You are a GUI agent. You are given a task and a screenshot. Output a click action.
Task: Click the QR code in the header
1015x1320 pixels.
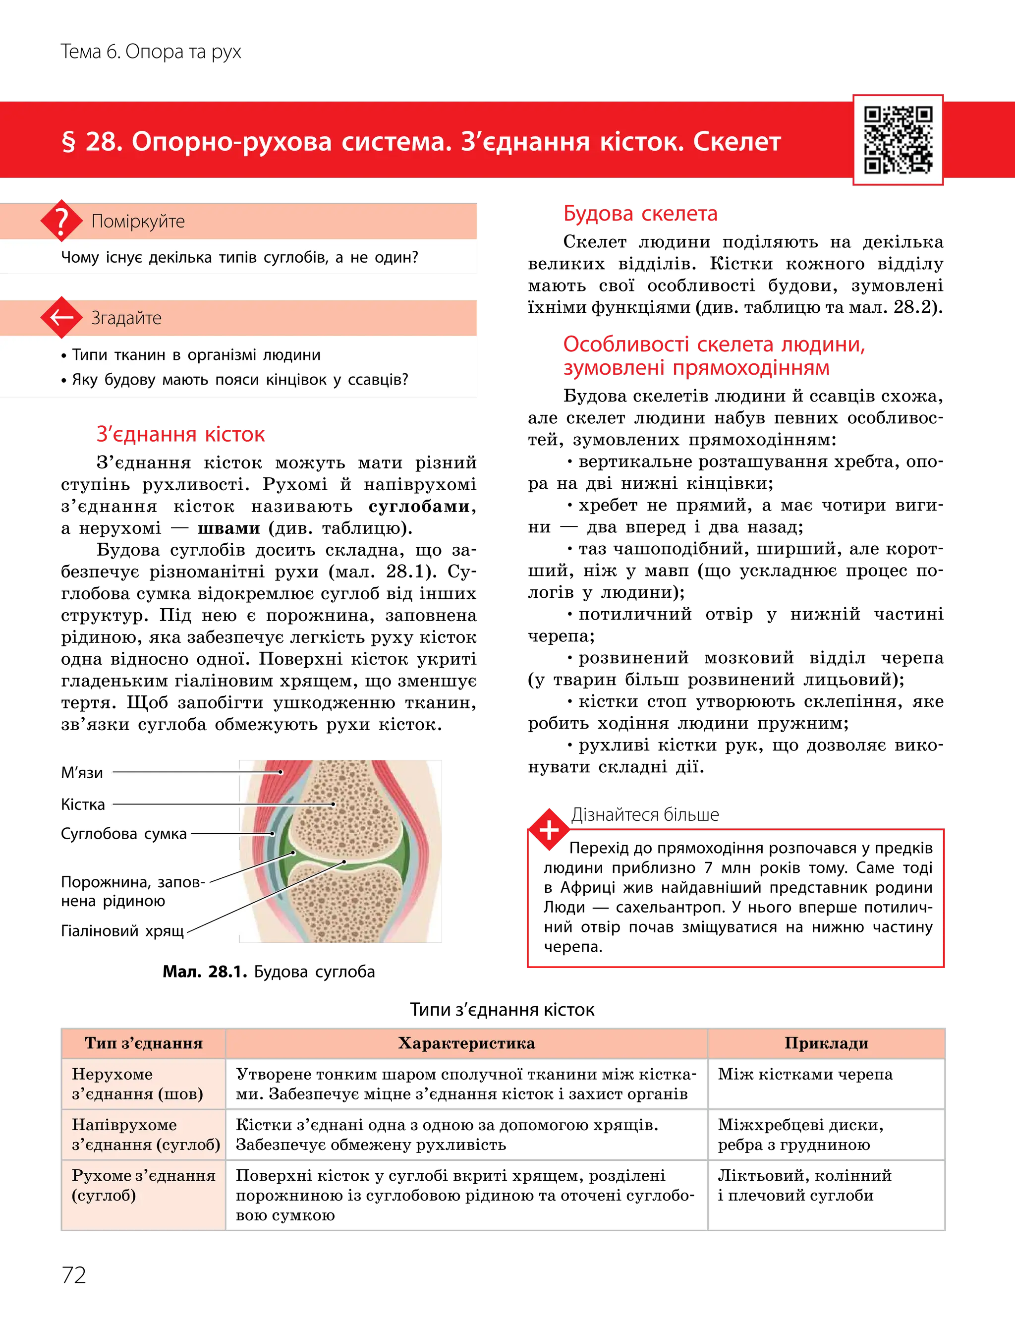click(x=898, y=140)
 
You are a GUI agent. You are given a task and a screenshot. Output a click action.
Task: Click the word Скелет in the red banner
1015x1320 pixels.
click(x=736, y=142)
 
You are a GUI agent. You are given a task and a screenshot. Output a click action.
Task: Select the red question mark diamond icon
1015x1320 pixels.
click(x=61, y=221)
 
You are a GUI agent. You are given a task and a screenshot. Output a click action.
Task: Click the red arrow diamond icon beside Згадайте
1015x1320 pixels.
click(x=61, y=317)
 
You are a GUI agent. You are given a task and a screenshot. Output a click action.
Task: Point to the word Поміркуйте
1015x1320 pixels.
click(x=138, y=221)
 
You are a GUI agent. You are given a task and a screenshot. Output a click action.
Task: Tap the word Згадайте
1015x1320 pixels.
click(x=126, y=318)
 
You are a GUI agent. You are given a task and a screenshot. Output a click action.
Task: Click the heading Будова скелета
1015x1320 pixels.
click(x=640, y=213)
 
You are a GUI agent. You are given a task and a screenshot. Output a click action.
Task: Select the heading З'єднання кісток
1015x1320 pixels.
click(x=180, y=434)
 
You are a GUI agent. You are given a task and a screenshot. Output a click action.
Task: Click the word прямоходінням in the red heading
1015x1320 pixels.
click(x=751, y=368)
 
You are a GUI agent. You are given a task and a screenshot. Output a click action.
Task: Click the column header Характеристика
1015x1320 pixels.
click(x=466, y=1043)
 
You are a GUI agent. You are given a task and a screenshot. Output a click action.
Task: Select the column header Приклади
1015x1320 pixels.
click(x=826, y=1043)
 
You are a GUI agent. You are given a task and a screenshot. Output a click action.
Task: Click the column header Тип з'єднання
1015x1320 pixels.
click(x=143, y=1043)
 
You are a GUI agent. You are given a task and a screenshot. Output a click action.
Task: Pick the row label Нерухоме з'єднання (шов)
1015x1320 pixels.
click(x=137, y=1084)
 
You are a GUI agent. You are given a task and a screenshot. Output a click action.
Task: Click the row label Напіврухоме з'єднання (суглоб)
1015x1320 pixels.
click(x=145, y=1135)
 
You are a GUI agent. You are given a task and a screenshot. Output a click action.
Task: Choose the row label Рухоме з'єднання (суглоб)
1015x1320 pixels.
click(x=143, y=1185)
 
